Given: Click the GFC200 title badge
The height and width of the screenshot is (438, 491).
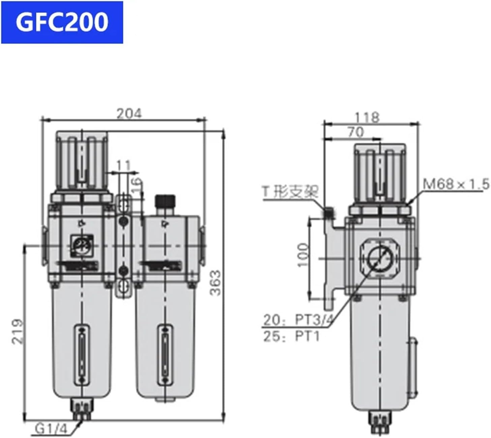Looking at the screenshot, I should [62, 22].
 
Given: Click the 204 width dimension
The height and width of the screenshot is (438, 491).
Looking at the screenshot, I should [129, 114].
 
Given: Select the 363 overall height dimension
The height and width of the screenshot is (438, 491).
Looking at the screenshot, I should [215, 283].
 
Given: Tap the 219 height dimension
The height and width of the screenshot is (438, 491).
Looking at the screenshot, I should [18, 331].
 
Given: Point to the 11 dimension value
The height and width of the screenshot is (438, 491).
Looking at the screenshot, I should [123, 166].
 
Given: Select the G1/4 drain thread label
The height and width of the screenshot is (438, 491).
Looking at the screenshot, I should [52, 429].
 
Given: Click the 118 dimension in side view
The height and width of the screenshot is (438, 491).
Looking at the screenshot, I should [367, 117].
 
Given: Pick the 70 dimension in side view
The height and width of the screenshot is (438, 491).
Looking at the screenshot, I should [356, 132].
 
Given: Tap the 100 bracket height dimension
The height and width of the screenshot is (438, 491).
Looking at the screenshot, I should [303, 255].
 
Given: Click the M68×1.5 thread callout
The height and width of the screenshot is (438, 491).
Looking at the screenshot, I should [456, 184].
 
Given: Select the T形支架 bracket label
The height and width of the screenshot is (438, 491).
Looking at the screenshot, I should [290, 192].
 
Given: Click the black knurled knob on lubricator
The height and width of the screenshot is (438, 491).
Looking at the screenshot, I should [164, 201].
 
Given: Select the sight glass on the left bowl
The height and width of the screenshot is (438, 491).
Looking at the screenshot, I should [81, 354].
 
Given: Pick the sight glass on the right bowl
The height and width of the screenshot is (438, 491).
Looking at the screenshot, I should [164, 354].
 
